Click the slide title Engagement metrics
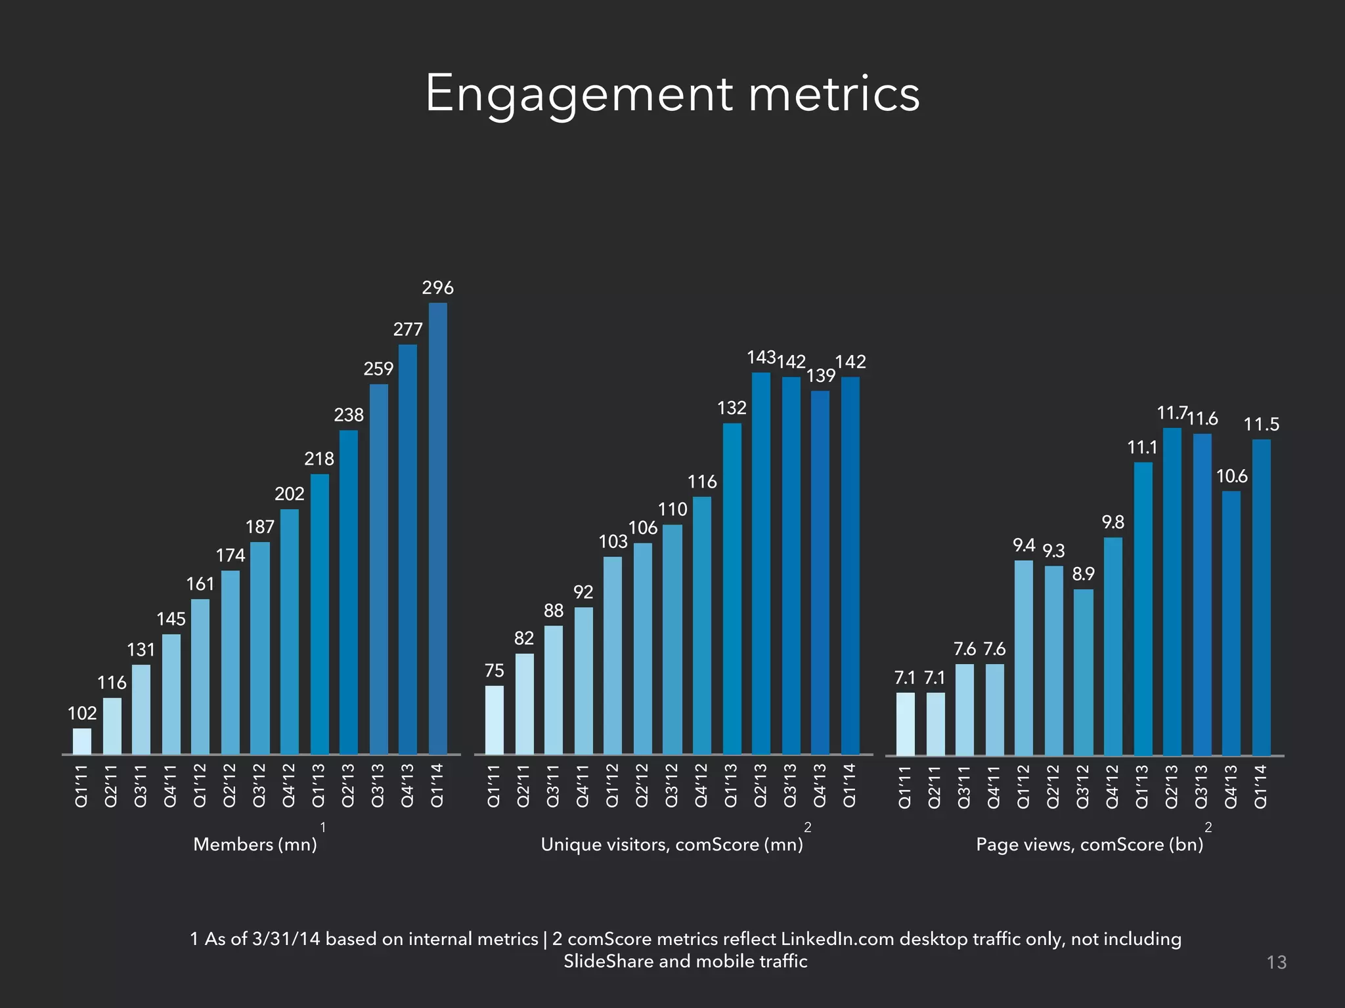click(x=672, y=94)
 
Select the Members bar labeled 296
click(x=437, y=528)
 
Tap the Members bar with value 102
click(x=82, y=741)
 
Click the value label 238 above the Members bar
click(x=349, y=415)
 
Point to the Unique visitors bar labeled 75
click(x=495, y=720)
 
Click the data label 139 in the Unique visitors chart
click(x=821, y=376)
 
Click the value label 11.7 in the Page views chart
click(x=1171, y=413)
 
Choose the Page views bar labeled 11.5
click(x=1261, y=597)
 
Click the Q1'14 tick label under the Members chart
click(x=437, y=785)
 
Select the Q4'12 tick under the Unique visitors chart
click(x=702, y=785)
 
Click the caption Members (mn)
click(x=255, y=845)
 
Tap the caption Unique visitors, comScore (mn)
click(x=672, y=845)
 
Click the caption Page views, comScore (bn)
click(x=1090, y=845)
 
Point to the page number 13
click(x=1276, y=963)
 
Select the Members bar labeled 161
click(x=200, y=676)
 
